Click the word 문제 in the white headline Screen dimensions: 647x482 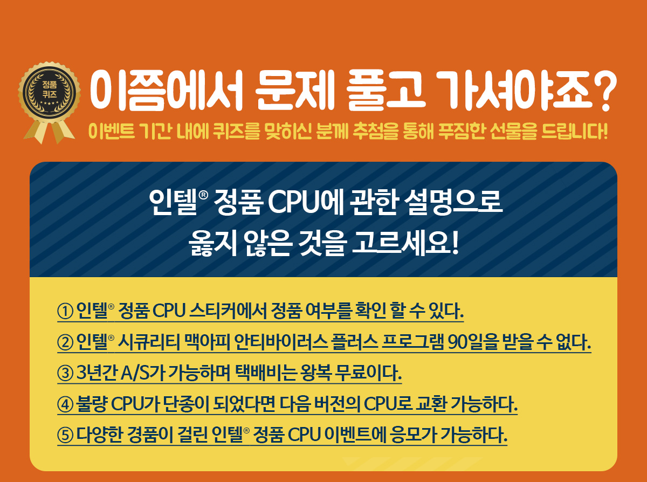(x=294, y=91)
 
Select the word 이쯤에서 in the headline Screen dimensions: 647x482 (x=167, y=91)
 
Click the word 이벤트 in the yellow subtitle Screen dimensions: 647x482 (x=112, y=132)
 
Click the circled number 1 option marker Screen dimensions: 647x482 (x=65, y=312)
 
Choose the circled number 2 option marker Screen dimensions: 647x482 (x=65, y=343)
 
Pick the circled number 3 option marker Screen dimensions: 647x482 (x=65, y=374)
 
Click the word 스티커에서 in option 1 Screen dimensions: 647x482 (x=228, y=311)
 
